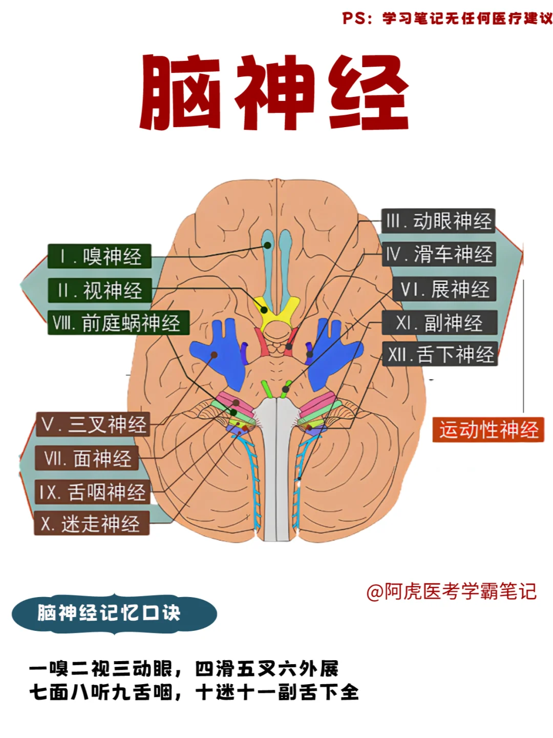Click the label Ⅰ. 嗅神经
100,256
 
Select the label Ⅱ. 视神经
100,291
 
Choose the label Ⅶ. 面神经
87,458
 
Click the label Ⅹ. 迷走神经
91,524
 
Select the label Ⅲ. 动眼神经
438,221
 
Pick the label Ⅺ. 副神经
439,323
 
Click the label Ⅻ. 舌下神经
440,354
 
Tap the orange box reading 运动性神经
488,429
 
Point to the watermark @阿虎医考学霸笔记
451,591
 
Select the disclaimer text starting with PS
447,18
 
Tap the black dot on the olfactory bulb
267,245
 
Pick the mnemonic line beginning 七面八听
194,692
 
